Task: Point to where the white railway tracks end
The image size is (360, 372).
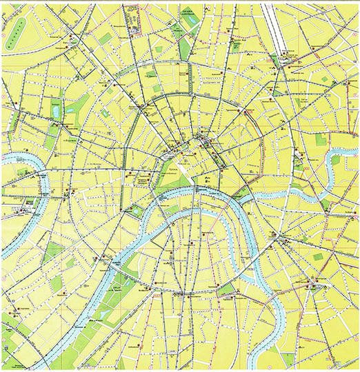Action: coord(283,56)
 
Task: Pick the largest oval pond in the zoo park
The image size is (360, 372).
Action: coord(54,109)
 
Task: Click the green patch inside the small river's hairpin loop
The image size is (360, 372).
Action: coord(336,160)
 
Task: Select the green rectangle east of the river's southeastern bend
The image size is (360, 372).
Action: coord(318,256)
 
